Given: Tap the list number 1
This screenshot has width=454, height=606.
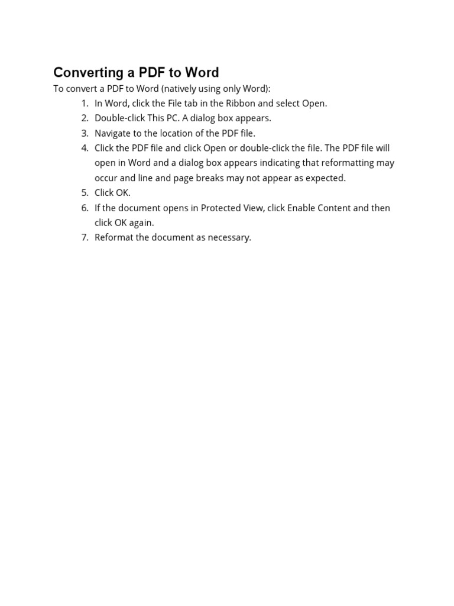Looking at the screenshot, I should coord(85,104).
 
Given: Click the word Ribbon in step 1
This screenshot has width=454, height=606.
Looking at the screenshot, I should coord(241,104).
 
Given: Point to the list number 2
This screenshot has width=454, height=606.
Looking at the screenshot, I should coord(85,118).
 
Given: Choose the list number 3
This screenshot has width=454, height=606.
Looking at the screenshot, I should coord(85,133).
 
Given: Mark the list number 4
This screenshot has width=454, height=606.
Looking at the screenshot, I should coord(85,148).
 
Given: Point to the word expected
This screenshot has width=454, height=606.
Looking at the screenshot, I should coord(326,178).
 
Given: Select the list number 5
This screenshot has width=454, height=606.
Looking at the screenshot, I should coord(85,193).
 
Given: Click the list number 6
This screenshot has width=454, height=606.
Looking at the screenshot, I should coord(85,208).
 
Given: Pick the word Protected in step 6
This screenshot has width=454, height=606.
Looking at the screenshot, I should coord(222,208).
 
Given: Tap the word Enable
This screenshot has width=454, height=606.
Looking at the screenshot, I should coord(302,208).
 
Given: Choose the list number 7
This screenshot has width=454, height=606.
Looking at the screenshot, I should coord(85,237).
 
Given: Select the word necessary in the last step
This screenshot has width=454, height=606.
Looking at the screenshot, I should coord(229,238).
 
